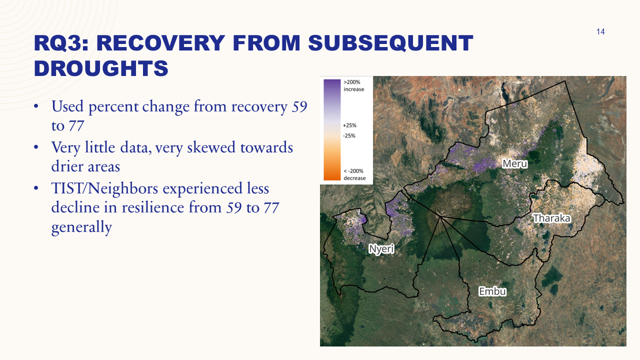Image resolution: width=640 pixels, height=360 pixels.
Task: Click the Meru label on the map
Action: (515, 163)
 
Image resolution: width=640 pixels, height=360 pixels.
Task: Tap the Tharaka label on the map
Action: (551, 218)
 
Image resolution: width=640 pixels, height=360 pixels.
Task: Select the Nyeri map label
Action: (381, 248)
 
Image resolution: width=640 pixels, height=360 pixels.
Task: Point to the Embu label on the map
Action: (492, 291)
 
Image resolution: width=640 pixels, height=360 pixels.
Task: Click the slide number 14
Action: (600, 32)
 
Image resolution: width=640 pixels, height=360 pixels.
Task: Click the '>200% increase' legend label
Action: (354, 85)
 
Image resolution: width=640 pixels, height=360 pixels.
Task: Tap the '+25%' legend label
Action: (349, 125)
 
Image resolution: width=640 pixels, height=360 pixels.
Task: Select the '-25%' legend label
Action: (349, 135)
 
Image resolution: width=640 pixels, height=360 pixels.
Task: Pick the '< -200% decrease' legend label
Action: (354, 174)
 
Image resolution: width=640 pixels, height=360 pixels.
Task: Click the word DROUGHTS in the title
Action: (101, 68)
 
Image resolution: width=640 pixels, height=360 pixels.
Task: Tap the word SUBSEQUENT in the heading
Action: (390, 43)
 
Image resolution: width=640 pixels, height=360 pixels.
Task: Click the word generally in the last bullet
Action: (81, 227)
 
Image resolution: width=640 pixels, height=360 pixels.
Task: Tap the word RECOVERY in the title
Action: (172, 43)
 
